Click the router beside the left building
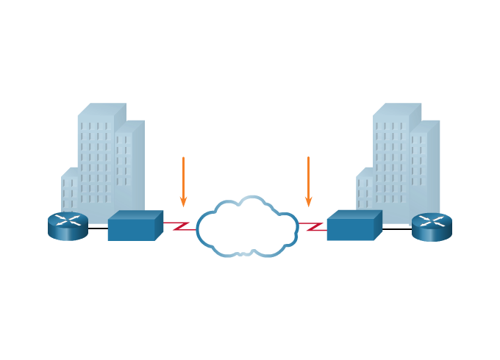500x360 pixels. pyautogui.click(x=68, y=226)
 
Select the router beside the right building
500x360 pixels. pyautogui.click(x=432, y=226)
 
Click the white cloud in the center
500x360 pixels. pyautogui.click(x=247, y=227)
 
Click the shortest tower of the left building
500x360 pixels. pyautogui.click(x=69, y=191)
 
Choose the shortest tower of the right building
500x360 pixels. pyautogui.click(x=365, y=192)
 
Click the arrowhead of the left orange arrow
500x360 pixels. pyautogui.click(x=183, y=201)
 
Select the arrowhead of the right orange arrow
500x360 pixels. pyautogui.click(x=308, y=201)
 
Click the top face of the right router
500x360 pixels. pyautogui.click(x=432, y=219)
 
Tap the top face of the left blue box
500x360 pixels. pyautogui.click(x=136, y=215)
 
